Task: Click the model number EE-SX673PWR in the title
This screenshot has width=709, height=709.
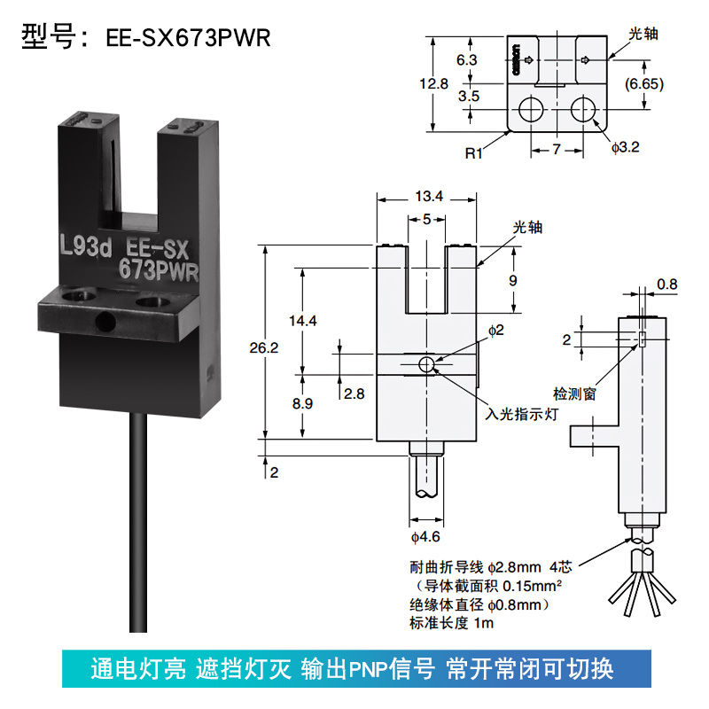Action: [x=188, y=38]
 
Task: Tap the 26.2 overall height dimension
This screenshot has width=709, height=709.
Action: [x=264, y=347]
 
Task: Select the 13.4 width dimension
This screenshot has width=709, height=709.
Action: [x=429, y=196]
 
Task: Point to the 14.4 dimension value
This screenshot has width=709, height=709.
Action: [x=303, y=321]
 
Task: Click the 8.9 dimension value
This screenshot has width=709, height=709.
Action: [x=302, y=403]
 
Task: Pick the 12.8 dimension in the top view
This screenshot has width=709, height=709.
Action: [x=433, y=83]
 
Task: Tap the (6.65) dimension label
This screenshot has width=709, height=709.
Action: [x=644, y=84]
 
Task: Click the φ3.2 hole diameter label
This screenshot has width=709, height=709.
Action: [x=625, y=147]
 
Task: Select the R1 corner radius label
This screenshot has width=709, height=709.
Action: [x=473, y=153]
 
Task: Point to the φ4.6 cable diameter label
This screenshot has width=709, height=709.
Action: [x=425, y=537]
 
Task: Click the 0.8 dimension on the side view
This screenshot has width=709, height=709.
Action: [x=667, y=284]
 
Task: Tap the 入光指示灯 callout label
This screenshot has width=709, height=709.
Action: [x=522, y=414]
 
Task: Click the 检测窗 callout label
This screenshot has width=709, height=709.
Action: [x=574, y=393]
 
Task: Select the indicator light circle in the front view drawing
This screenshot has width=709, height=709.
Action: [x=426, y=364]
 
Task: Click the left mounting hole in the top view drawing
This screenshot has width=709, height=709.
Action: [x=531, y=109]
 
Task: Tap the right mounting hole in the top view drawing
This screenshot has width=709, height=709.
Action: [x=583, y=109]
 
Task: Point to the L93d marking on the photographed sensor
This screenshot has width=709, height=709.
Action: [x=86, y=246]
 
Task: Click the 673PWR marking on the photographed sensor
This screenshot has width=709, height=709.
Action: [x=159, y=270]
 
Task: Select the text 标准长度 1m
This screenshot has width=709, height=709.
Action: [x=451, y=623]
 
